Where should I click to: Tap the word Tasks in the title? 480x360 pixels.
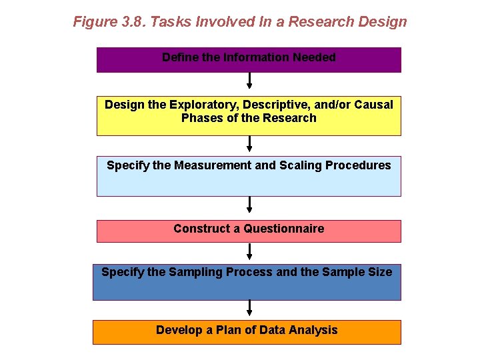click(169, 22)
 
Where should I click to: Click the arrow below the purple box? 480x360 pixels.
click(249, 81)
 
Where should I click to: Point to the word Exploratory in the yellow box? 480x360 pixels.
click(203, 105)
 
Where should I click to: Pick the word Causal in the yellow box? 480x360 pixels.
click(374, 105)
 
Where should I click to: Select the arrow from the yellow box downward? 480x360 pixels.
click(249, 143)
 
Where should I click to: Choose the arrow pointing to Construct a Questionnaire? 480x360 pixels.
click(249, 205)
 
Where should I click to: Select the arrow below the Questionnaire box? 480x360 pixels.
click(249, 251)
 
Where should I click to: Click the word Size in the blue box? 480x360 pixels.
click(380, 272)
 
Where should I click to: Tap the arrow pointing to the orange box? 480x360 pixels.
click(249, 308)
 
